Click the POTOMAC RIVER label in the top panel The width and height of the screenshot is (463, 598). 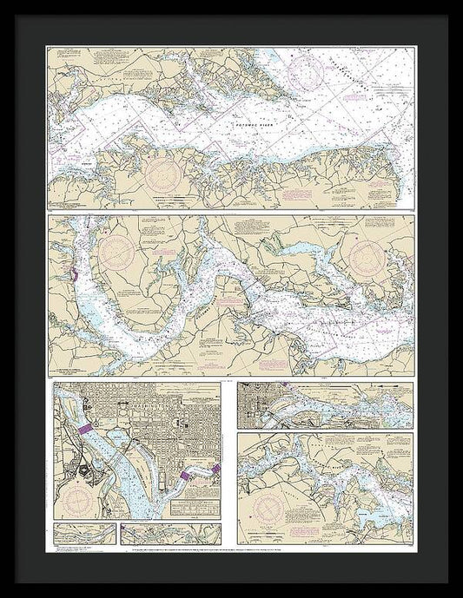pos(255,125)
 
